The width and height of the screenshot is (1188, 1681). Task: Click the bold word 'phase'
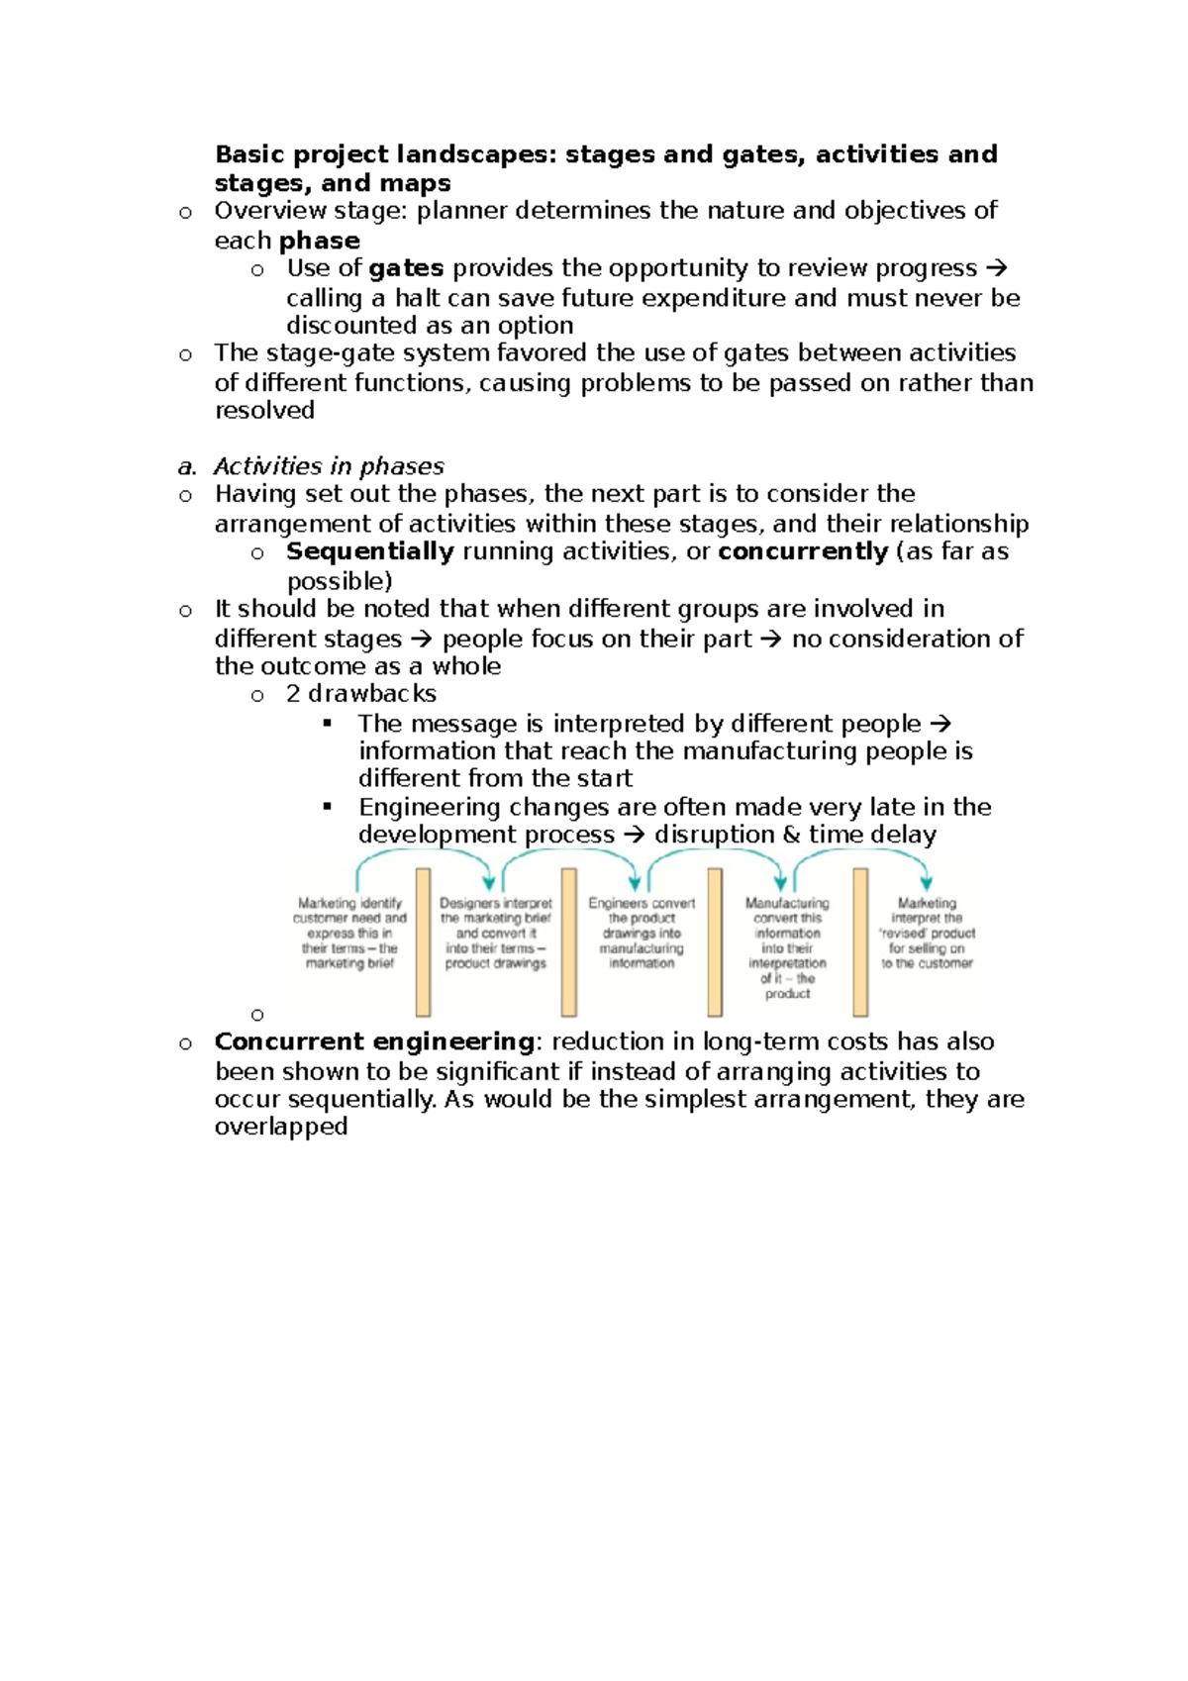coord(320,241)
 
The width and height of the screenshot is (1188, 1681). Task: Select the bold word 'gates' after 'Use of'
coord(406,268)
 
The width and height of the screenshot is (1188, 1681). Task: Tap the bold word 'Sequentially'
coord(370,551)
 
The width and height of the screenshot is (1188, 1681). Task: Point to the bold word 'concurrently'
coord(803,551)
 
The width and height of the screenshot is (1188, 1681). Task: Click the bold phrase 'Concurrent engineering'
coord(374,1041)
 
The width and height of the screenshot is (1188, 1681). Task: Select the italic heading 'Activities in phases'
coord(329,466)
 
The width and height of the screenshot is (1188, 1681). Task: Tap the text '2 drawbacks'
coord(361,693)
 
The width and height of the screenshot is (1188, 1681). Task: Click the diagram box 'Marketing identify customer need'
coord(349,933)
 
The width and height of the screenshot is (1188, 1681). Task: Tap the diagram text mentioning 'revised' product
coord(928,933)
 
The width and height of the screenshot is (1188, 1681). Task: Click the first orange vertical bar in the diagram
coord(423,941)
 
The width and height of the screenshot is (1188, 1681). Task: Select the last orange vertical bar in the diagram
coord(860,941)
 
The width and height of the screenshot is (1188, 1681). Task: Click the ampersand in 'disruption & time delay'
coord(791,835)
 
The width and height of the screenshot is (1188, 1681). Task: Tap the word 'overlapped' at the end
coord(281,1127)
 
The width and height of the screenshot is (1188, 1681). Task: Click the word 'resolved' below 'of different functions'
coord(264,410)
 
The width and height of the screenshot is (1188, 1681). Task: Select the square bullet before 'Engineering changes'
coord(328,806)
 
